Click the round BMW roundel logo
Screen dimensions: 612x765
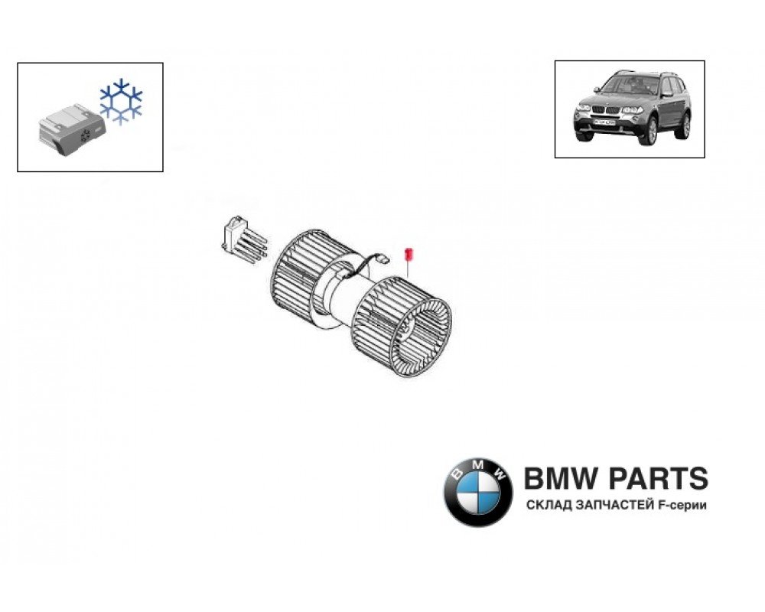[478, 492]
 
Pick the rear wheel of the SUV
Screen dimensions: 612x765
[682, 125]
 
